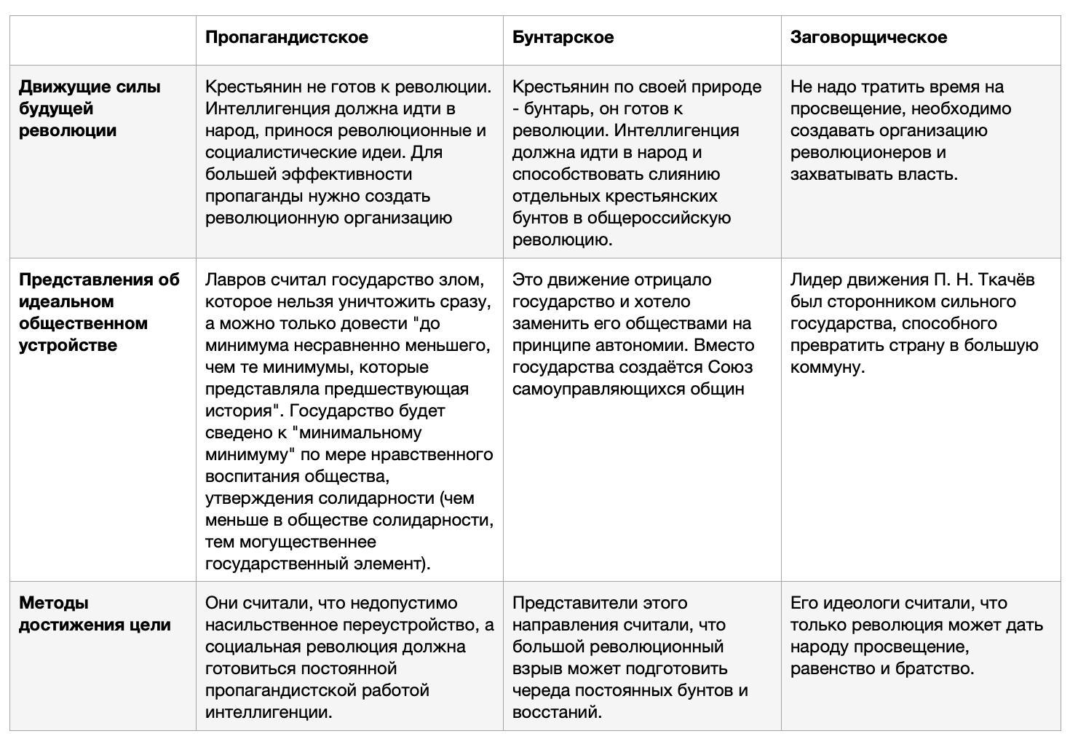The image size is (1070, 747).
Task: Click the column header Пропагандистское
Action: click(286, 37)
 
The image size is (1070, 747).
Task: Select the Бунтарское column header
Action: click(563, 37)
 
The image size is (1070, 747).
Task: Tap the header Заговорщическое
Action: click(868, 37)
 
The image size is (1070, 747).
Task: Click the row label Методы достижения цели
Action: click(95, 614)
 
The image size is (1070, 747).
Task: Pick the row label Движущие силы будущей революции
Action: click(90, 108)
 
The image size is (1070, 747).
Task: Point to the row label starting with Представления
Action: click(99, 312)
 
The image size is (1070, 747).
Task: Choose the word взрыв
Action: click(534, 668)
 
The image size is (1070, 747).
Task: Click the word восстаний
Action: click(555, 712)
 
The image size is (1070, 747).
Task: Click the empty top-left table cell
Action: click(103, 40)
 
